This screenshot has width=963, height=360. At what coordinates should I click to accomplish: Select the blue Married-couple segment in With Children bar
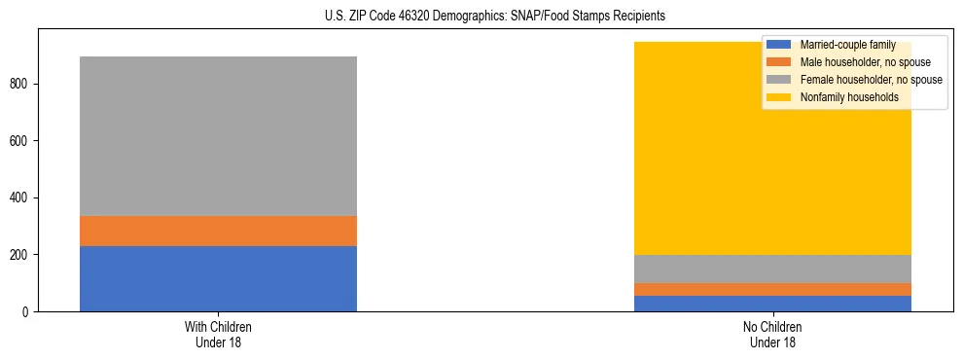click(x=218, y=278)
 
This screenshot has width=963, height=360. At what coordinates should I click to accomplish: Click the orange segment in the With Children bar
click(x=218, y=231)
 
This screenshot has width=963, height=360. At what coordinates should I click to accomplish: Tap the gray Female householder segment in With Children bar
click(x=218, y=136)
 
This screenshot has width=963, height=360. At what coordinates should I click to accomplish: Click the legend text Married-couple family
click(x=847, y=45)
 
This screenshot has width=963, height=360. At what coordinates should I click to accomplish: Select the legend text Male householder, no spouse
click(x=861, y=62)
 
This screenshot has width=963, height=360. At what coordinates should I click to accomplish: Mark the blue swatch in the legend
click(x=779, y=45)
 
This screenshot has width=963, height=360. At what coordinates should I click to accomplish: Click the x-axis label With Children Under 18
click(x=218, y=335)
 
